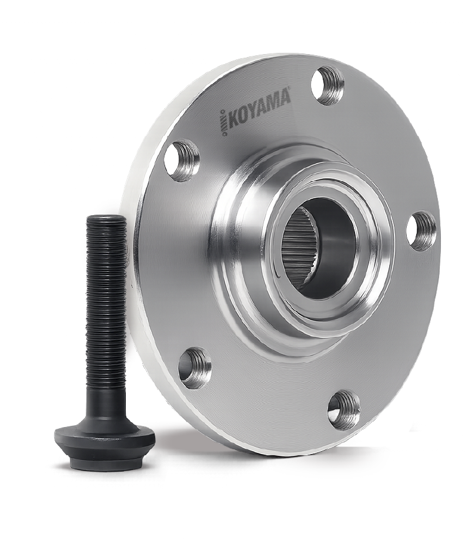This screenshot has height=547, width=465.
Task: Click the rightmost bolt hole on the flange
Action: (421, 229)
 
